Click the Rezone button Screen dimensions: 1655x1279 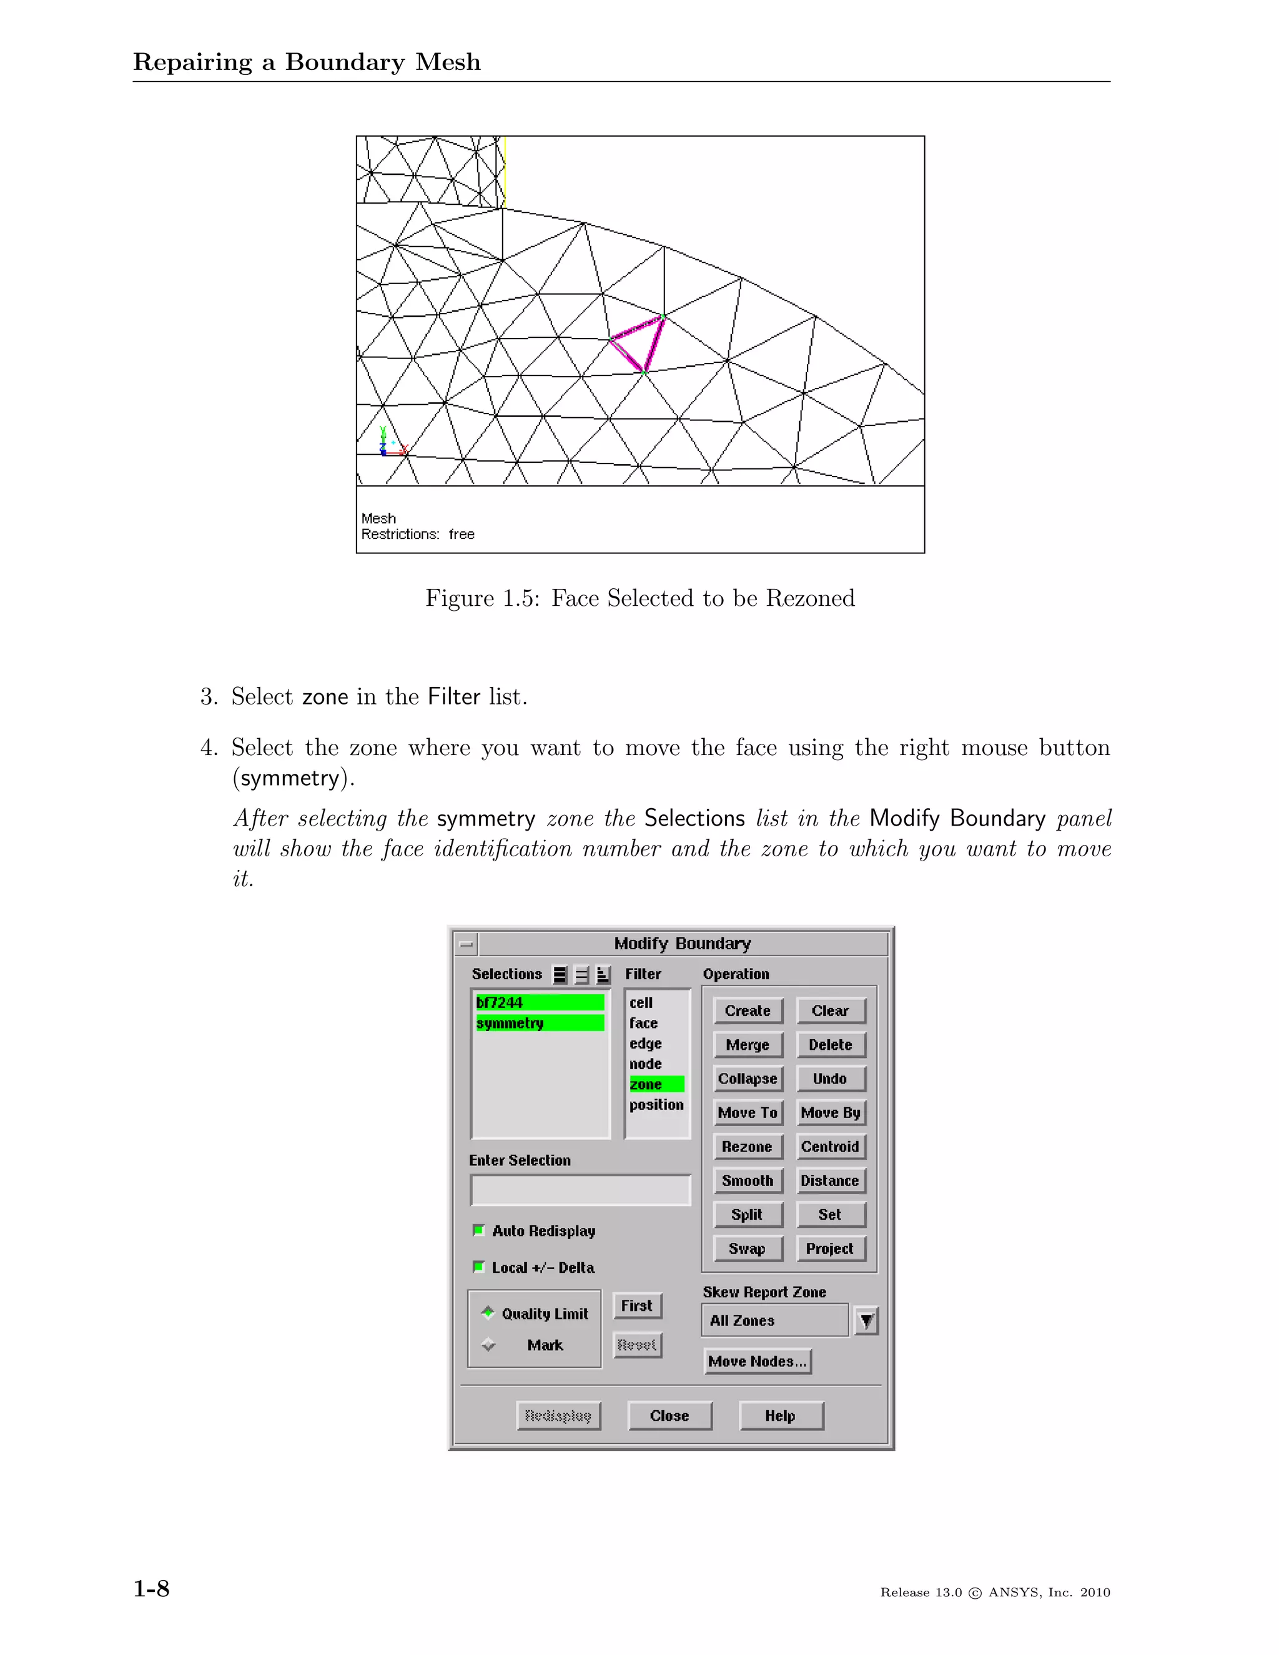click(747, 1147)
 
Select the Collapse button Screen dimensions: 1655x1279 click(747, 1079)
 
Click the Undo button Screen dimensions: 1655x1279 click(830, 1079)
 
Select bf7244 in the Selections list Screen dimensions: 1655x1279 click(539, 1002)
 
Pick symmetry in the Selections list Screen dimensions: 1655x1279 click(539, 1023)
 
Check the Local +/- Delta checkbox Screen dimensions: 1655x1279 click(479, 1267)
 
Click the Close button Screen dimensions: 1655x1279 click(670, 1416)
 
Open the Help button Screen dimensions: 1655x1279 click(781, 1416)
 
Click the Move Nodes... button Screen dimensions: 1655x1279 click(757, 1361)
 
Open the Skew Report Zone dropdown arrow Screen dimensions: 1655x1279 click(866, 1320)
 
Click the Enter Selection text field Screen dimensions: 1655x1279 click(580, 1190)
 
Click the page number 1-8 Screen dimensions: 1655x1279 click(152, 1588)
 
